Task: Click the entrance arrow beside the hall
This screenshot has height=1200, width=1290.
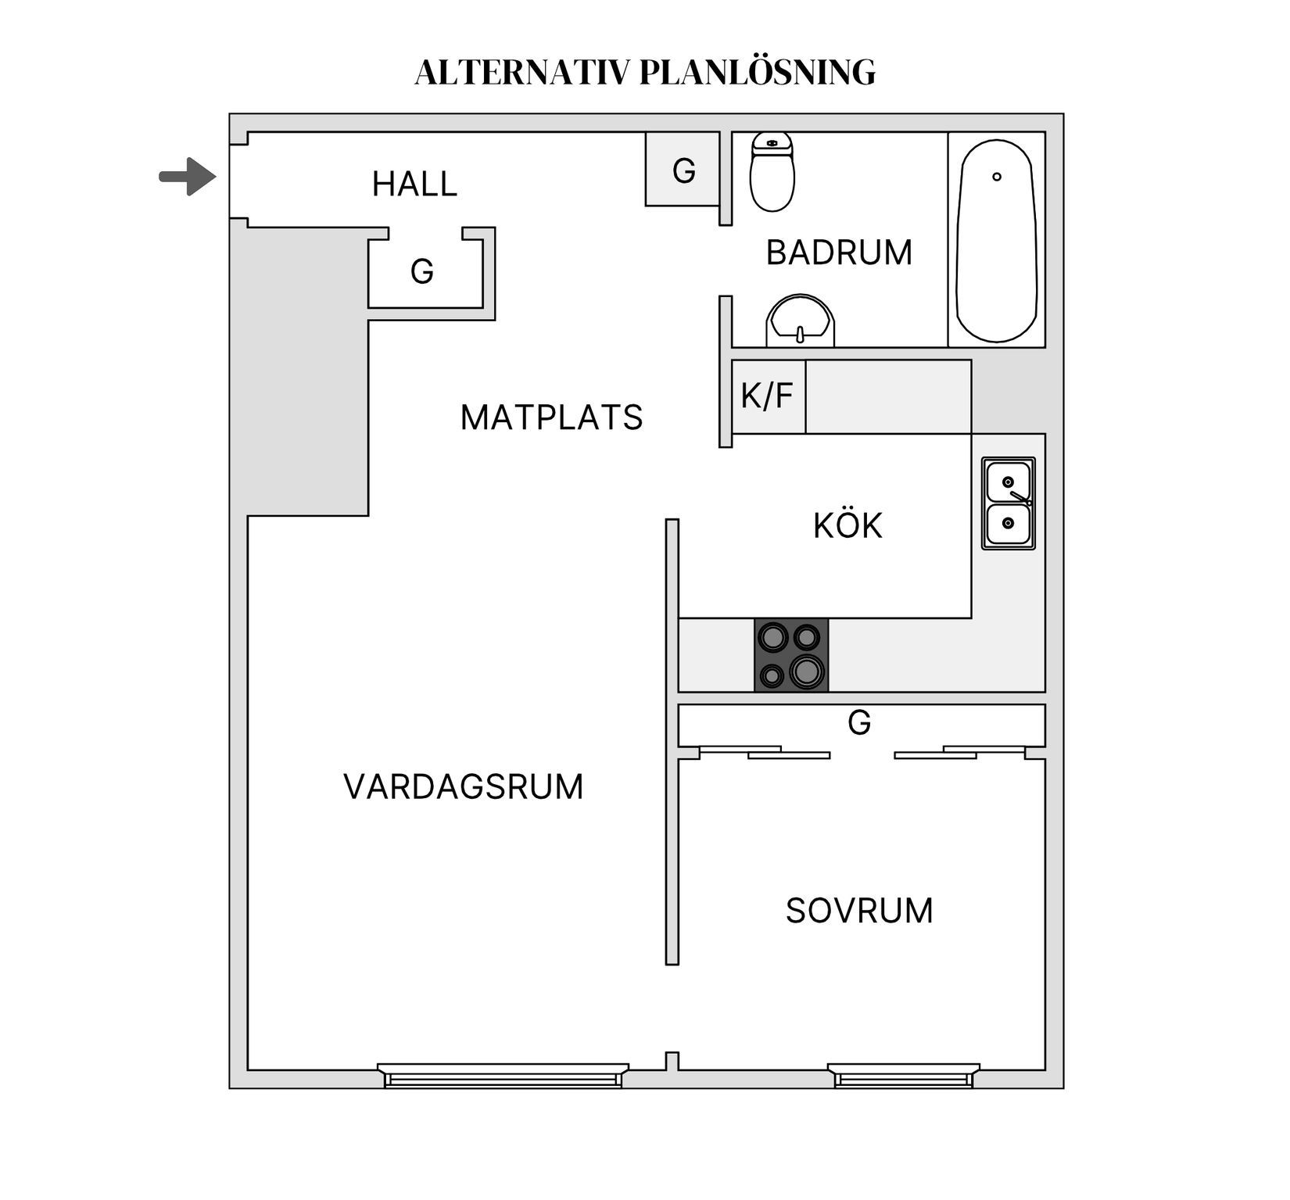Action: (x=188, y=177)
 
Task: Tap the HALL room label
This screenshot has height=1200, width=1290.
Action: (x=414, y=184)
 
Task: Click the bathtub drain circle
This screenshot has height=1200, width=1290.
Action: (x=997, y=177)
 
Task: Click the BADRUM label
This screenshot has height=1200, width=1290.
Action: (x=839, y=253)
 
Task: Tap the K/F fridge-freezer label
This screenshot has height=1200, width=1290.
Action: (x=767, y=396)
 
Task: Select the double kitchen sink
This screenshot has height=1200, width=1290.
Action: (x=1009, y=503)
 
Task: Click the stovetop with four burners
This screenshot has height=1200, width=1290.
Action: (x=791, y=655)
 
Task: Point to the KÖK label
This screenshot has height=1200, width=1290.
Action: (x=847, y=526)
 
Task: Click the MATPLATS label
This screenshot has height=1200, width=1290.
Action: (x=551, y=417)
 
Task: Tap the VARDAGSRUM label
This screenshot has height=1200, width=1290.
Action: (x=464, y=786)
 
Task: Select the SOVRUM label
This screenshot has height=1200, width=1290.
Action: (x=859, y=911)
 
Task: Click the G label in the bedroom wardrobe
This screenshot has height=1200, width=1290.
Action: (x=859, y=723)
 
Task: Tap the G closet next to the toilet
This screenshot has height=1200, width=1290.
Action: (x=683, y=170)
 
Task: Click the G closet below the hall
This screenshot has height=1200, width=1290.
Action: (x=422, y=272)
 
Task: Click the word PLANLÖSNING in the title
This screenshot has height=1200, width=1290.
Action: (x=758, y=72)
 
